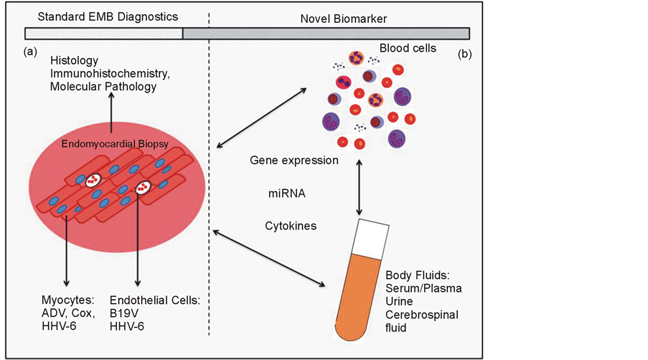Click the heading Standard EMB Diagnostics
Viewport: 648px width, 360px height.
coord(108,17)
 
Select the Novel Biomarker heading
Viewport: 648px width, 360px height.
coord(344,19)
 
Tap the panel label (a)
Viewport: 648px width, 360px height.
coord(30,52)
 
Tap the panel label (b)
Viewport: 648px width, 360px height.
coord(465,54)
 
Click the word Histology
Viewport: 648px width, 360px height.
coord(75,61)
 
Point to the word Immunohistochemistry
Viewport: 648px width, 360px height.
coord(109,73)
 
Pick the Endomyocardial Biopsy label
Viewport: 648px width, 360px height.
coord(115,144)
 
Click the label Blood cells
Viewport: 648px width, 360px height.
coord(408,48)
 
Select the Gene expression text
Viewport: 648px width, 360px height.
coord(294,161)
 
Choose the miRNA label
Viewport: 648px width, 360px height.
coord(287,193)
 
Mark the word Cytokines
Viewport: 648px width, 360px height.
coord(291,226)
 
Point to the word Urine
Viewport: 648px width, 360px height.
coord(399,301)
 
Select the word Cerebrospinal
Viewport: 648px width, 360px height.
coord(422,315)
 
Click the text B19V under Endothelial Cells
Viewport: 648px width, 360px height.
coord(124,313)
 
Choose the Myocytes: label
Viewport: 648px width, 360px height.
coord(68,300)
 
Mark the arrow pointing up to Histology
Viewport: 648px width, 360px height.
coord(111,113)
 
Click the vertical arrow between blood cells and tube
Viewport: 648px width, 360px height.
coord(359,188)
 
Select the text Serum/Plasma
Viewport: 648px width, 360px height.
coord(423,288)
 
